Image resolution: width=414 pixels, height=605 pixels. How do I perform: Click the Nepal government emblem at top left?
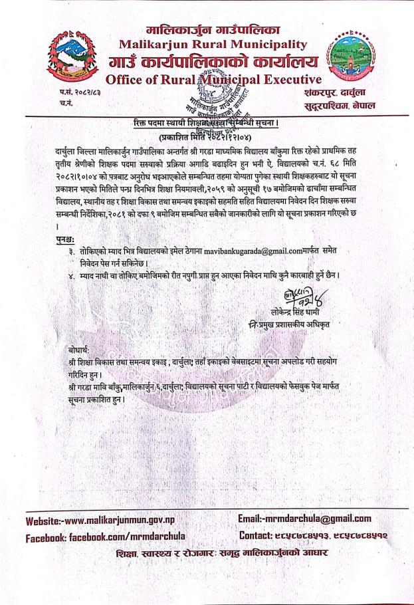pyautogui.click(x=74, y=57)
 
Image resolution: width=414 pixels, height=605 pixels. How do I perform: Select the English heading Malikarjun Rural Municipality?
pyautogui.click(x=212, y=45)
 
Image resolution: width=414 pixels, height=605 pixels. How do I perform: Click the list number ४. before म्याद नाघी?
pyautogui.click(x=74, y=276)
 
